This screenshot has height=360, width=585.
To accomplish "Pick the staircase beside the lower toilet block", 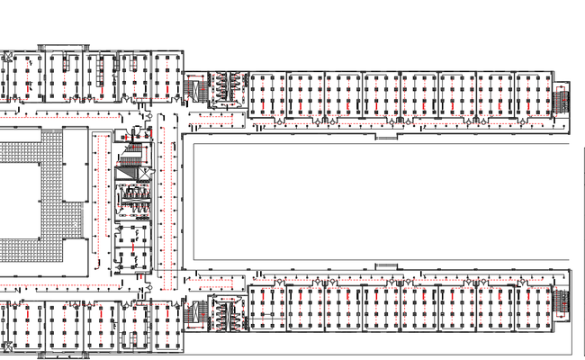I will coord(195,313).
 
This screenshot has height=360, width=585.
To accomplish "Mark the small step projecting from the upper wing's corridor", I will coord(386,137).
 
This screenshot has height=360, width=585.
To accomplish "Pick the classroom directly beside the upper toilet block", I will coord(266,94).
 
